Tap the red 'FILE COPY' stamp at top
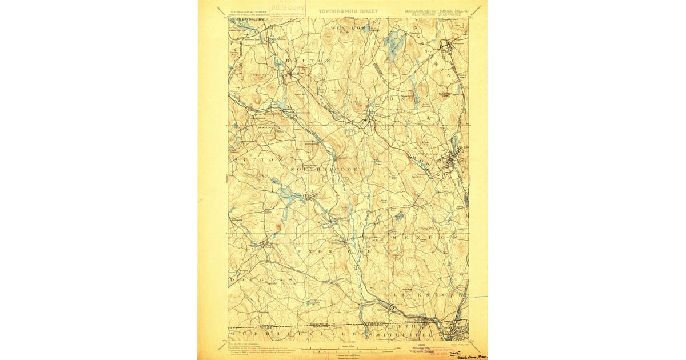289,7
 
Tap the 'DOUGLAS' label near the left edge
260,280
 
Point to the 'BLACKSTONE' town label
422,294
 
